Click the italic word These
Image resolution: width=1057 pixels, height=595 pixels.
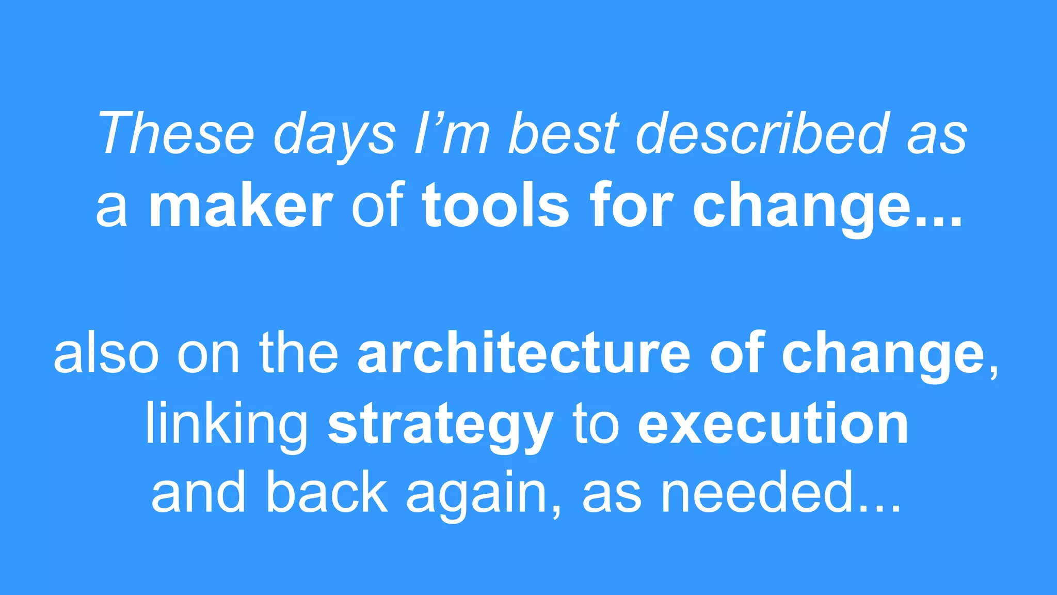point(176,134)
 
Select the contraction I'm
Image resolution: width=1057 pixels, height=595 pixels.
point(452,134)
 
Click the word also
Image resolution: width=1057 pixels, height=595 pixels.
point(106,353)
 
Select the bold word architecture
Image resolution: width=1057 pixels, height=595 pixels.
point(523,353)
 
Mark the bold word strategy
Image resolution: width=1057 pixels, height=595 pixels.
point(441,427)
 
